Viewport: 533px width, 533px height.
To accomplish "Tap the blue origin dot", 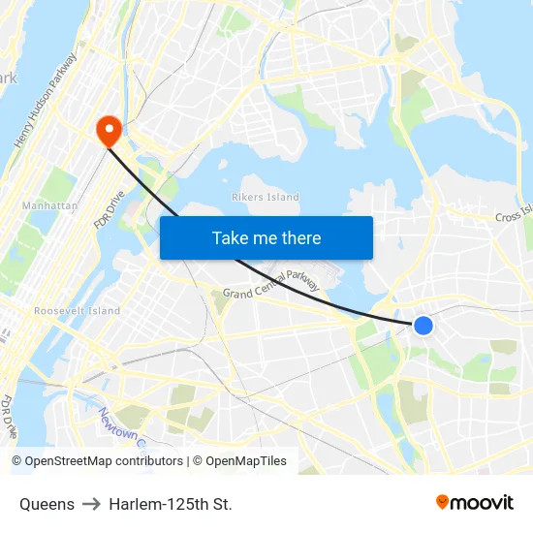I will tap(423, 326).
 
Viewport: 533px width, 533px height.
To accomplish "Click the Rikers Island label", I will tap(266, 198).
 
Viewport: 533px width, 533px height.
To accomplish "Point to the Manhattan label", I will tap(49, 206).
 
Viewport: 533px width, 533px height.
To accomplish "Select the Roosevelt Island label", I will tap(77, 311).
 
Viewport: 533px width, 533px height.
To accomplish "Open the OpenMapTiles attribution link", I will tap(245, 461).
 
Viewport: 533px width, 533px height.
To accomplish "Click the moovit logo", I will tap(474, 503).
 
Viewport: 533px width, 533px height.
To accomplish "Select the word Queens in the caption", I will tap(47, 504).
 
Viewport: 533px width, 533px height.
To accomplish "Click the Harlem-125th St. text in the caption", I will tap(171, 504).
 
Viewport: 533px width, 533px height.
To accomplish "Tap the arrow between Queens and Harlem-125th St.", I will tap(91, 504).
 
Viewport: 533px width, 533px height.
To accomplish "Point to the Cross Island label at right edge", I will tap(514, 214).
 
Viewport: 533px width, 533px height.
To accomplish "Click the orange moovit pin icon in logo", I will tap(443, 502).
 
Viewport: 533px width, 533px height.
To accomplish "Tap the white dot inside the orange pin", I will tap(108, 126).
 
